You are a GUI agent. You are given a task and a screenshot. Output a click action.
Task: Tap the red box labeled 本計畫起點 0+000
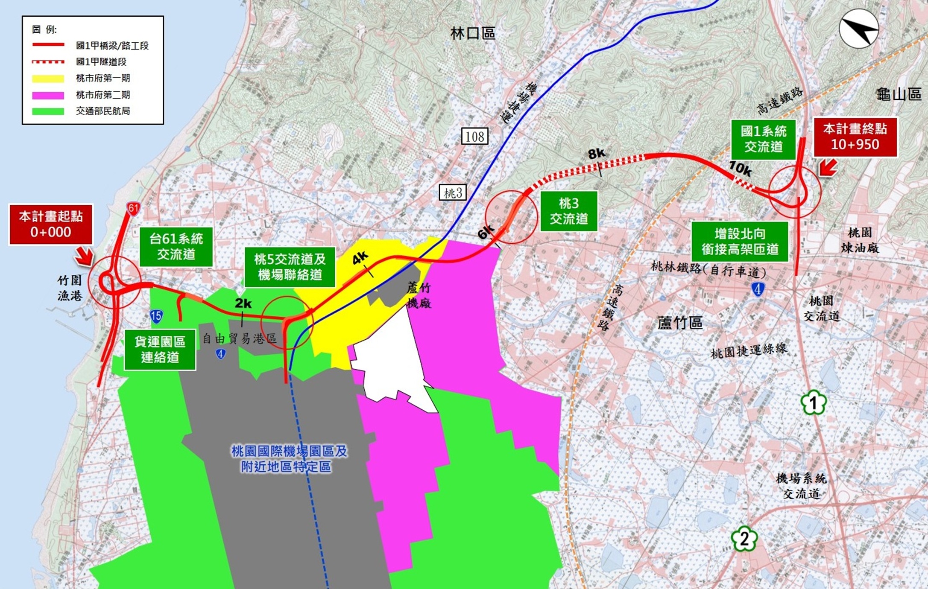point(51,225)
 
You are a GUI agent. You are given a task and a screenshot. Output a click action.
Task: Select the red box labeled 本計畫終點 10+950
point(855,137)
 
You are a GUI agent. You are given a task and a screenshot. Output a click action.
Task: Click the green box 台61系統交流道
point(176,247)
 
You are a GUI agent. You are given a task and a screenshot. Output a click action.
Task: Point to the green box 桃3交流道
point(568,211)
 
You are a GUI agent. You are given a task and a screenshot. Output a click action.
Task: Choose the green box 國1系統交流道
point(763,139)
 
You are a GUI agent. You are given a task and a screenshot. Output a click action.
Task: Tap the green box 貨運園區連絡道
point(160,350)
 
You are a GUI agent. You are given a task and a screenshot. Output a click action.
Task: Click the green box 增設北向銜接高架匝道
point(740,242)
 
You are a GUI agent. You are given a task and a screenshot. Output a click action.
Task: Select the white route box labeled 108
point(474,137)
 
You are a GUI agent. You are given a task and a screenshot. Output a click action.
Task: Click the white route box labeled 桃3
point(453,193)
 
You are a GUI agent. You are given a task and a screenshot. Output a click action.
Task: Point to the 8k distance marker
point(596,154)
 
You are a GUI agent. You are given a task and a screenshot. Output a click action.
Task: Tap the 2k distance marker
point(243,303)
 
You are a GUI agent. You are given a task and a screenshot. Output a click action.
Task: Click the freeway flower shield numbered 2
point(744,539)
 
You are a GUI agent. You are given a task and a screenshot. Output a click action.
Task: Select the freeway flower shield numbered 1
point(813,402)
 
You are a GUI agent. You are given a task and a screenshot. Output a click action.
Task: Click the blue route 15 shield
point(156,316)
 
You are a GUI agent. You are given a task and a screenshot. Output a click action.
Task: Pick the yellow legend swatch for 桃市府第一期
point(48,79)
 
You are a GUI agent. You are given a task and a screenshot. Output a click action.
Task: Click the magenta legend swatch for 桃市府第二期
point(48,95)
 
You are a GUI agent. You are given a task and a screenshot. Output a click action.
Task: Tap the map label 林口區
point(473,33)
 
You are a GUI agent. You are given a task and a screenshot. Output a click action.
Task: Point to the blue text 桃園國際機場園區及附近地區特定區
point(289,459)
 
